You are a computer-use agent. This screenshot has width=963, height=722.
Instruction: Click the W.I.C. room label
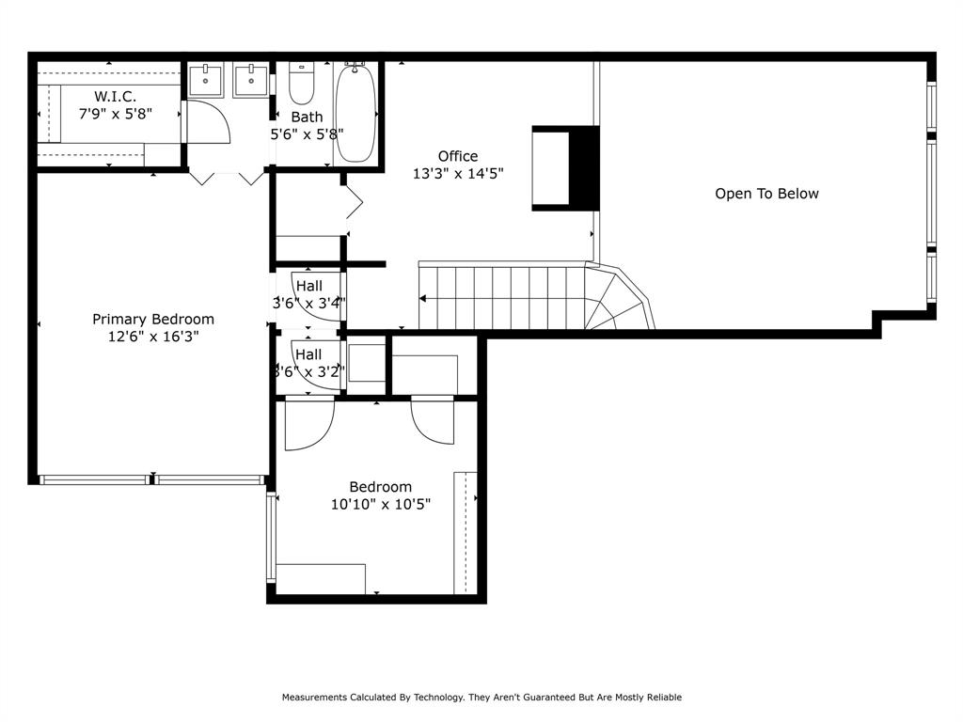(115, 96)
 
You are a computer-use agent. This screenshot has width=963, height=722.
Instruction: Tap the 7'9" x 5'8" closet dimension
(115, 113)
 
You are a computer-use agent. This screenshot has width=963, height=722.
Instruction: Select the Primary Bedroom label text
(153, 320)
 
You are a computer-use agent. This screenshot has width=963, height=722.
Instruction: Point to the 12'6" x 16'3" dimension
(153, 336)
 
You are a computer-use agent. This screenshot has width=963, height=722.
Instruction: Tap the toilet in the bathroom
(301, 85)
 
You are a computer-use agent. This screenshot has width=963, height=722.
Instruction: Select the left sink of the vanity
(206, 80)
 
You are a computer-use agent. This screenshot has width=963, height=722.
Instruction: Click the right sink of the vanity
(251, 80)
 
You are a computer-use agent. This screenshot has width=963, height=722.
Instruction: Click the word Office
(458, 156)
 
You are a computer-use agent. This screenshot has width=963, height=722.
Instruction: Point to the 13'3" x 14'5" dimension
(458, 173)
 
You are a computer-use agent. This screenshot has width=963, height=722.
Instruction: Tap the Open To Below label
(766, 194)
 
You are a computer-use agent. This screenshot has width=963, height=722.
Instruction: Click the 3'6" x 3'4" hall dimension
(309, 303)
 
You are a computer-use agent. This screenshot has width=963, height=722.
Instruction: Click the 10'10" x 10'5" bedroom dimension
(381, 504)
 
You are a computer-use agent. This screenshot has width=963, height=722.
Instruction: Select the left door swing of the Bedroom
(308, 423)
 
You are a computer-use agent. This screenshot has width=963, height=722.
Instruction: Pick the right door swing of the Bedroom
(433, 421)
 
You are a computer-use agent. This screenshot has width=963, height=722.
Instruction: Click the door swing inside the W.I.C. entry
(206, 122)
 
